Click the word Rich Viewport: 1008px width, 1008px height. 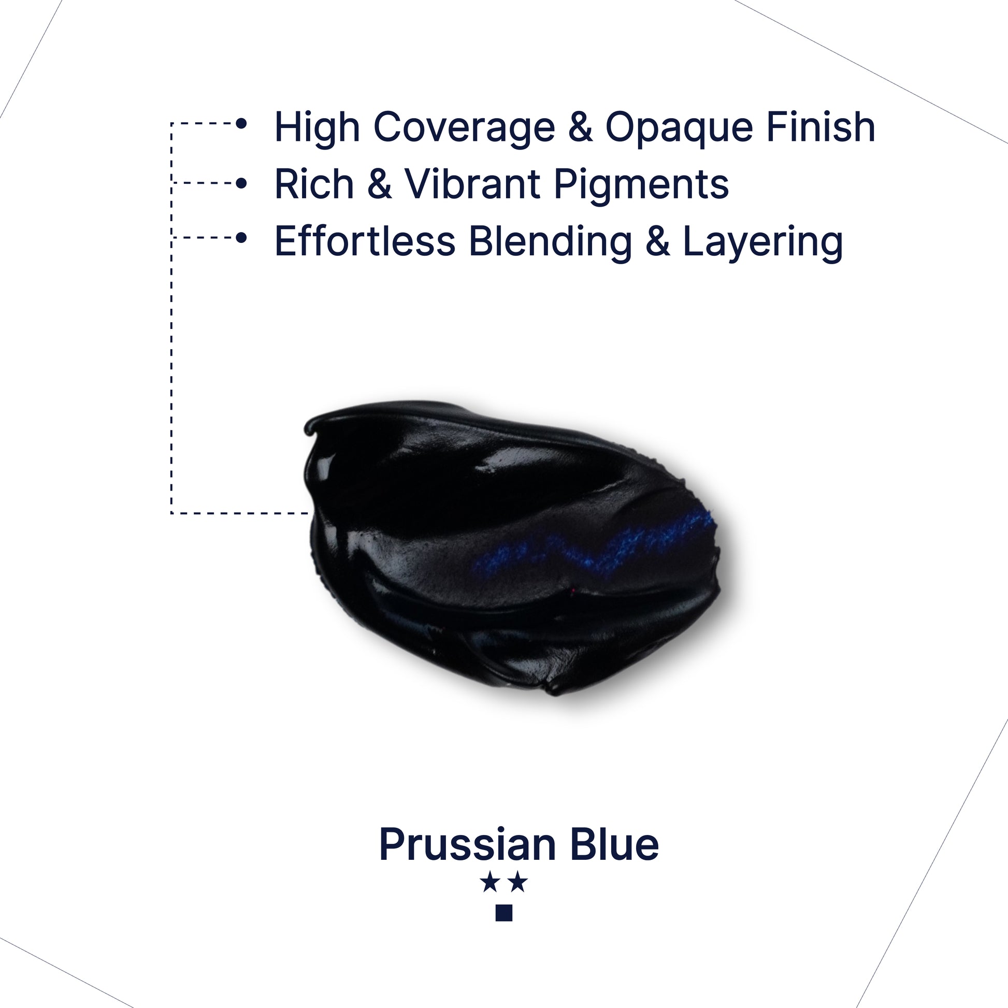tap(314, 184)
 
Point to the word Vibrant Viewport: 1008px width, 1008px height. tap(473, 184)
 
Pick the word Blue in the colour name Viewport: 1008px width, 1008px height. tap(615, 844)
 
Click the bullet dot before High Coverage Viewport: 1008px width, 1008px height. tap(241, 124)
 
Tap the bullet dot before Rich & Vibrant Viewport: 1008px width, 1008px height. tap(241, 183)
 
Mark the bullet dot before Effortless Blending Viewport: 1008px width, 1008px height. tap(241, 237)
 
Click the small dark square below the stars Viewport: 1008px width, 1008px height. tap(504, 913)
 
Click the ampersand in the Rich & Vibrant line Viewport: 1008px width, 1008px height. tap(379, 184)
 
